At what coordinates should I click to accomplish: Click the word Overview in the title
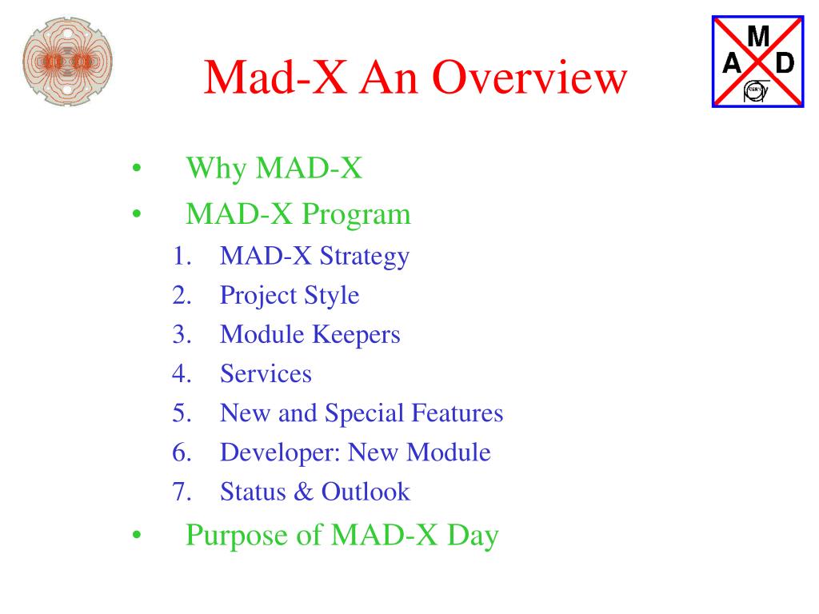(529, 78)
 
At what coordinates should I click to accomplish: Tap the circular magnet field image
(67, 62)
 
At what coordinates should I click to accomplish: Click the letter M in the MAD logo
(758, 37)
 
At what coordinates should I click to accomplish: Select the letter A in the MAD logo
(732, 63)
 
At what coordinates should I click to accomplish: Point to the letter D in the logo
(785, 63)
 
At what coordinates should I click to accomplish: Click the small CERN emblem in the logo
(755, 91)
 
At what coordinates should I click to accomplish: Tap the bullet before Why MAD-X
(137, 168)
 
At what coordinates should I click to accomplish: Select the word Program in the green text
(356, 215)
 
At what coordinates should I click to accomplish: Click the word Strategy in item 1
(365, 257)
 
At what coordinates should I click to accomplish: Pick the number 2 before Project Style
(182, 295)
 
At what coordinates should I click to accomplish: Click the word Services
(266, 374)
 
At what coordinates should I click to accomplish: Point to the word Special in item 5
(365, 413)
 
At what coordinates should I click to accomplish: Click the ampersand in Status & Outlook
(303, 492)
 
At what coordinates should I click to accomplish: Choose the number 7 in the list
(182, 492)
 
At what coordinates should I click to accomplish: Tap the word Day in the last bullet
(473, 536)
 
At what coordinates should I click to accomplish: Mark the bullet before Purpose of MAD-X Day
(137, 535)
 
